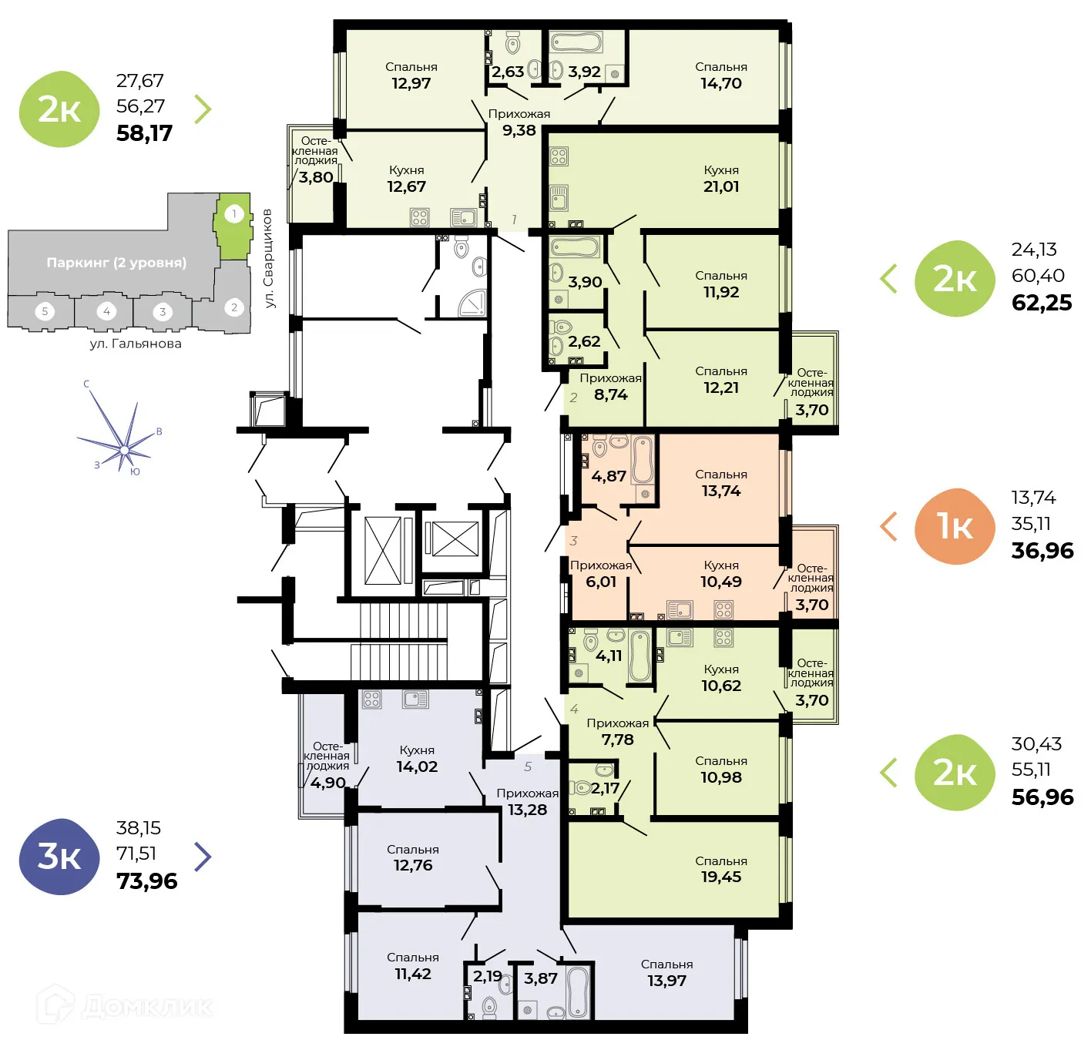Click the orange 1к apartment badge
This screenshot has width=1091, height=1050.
pyautogui.click(x=955, y=526)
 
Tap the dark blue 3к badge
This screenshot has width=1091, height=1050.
pyautogui.click(x=59, y=856)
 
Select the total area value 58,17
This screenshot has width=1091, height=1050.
pyautogui.click(x=144, y=133)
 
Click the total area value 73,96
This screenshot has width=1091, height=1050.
pyautogui.click(x=146, y=881)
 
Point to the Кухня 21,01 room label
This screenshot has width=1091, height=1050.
pyautogui.click(x=720, y=179)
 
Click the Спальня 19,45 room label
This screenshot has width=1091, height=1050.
pyautogui.click(x=720, y=869)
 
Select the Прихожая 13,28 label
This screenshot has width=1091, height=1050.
pyautogui.click(x=527, y=802)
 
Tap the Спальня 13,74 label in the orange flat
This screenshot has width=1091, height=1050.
pyautogui.click(x=720, y=483)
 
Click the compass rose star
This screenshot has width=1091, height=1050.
pyautogui.click(x=123, y=448)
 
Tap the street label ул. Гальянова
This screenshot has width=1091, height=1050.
pyautogui.click(x=136, y=344)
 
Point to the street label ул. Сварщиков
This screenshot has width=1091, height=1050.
pyautogui.click(x=268, y=258)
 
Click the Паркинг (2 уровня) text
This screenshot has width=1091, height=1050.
pyautogui.click(x=116, y=263)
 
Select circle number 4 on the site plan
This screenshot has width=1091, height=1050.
pyautogui.click(x=106, y=311)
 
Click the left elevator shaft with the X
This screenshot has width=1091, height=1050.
pyautogui.click(x=383, y=550)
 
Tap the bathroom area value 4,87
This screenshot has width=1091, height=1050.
pyautogui.click(x=608, y=477)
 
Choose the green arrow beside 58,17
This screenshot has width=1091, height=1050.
pyautogui.click(x=202, y=109)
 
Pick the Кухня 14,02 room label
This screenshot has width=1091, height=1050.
pyautogui.click(x=417, y=759)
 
